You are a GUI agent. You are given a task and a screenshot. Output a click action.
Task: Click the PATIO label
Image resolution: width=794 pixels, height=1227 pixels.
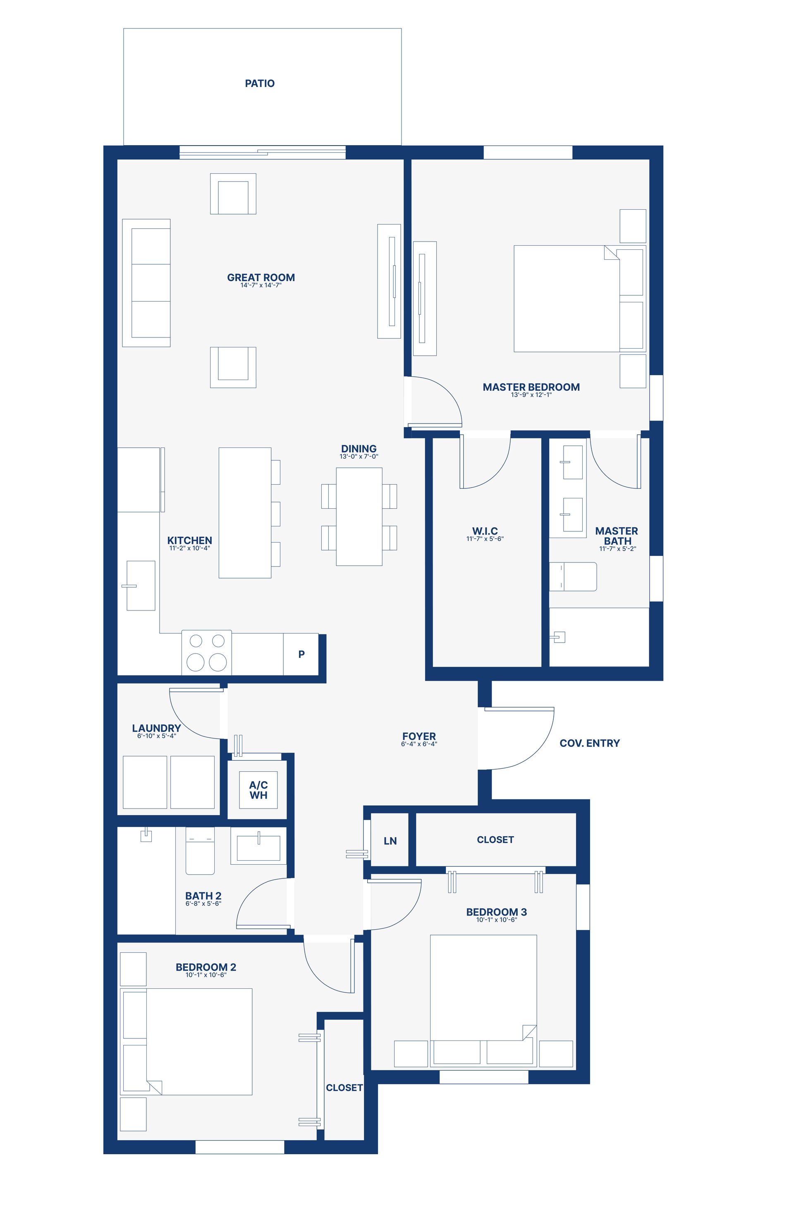click(259, 84)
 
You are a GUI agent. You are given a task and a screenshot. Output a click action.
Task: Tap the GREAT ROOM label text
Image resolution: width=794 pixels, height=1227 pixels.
click(261, 277)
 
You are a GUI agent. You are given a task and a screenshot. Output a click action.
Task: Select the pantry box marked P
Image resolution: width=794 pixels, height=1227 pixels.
click(301, 654)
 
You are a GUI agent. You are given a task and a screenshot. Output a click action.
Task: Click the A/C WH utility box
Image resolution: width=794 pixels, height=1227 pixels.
click(258, 790)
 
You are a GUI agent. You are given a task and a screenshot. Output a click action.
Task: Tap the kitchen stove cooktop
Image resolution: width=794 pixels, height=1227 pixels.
click(207, 653)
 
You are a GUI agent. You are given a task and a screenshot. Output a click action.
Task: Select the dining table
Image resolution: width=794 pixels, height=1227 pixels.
click(359, 517)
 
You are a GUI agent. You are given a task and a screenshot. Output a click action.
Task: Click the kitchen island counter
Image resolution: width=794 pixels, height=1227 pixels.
click(245, 512)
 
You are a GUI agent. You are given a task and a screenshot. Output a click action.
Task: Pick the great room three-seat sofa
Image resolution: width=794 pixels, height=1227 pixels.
click(146, 282)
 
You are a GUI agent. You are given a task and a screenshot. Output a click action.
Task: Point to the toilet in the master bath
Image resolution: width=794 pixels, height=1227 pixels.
click(573, 576)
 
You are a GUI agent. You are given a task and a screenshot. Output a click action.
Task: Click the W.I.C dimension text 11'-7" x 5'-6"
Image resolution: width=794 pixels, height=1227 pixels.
click(485, 539)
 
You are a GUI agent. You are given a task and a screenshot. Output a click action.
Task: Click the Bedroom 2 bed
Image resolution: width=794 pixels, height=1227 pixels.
click(186, 1041)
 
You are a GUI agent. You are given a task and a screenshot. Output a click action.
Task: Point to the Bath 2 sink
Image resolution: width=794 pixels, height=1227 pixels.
click(258, 848)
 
